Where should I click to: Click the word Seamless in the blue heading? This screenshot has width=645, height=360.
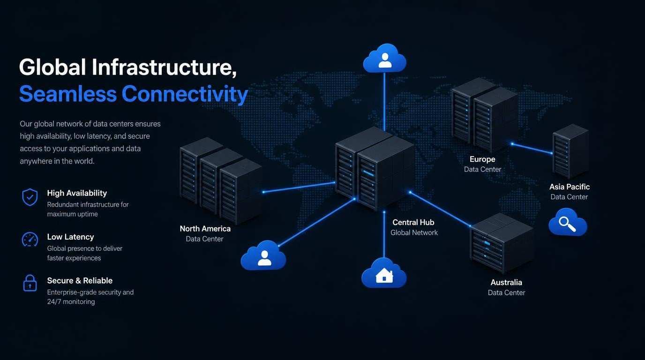pos(68,94)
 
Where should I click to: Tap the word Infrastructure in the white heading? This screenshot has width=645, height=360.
pos(165,67)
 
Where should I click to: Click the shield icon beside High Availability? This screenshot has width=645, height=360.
pos(30,197)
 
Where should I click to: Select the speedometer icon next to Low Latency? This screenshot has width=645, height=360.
pos(30,240)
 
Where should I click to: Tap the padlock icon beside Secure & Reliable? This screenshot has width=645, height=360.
pos(30,283)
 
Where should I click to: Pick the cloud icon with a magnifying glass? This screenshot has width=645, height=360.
pos(568,222)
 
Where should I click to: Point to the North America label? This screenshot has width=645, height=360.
pos(205,229)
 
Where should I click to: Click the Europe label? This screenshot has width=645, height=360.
pos(482,159)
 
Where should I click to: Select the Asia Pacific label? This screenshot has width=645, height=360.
pos(569,187)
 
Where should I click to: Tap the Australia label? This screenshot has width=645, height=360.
pos(506,283)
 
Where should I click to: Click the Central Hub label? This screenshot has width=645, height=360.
pos(413,222)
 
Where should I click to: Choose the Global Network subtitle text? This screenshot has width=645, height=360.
pos(414,232)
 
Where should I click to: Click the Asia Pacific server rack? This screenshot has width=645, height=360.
pos(570,151)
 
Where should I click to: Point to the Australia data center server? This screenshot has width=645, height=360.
pos(502,243)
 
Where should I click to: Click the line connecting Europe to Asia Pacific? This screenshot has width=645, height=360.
pos(532,149)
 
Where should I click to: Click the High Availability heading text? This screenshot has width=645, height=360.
pos(77,193)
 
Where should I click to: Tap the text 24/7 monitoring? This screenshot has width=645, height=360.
pos(71,302)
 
